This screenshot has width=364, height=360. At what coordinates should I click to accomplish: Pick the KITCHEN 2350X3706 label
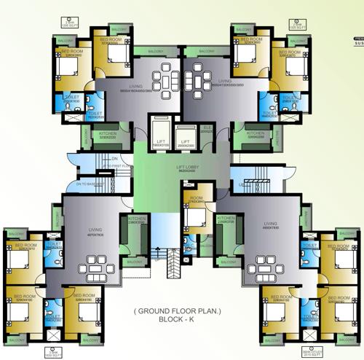(x=226, y=219)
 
